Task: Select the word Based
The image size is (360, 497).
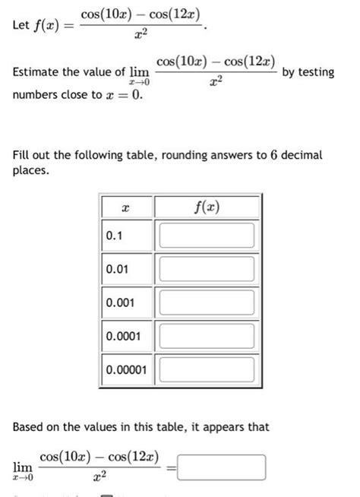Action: coord(30,427)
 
